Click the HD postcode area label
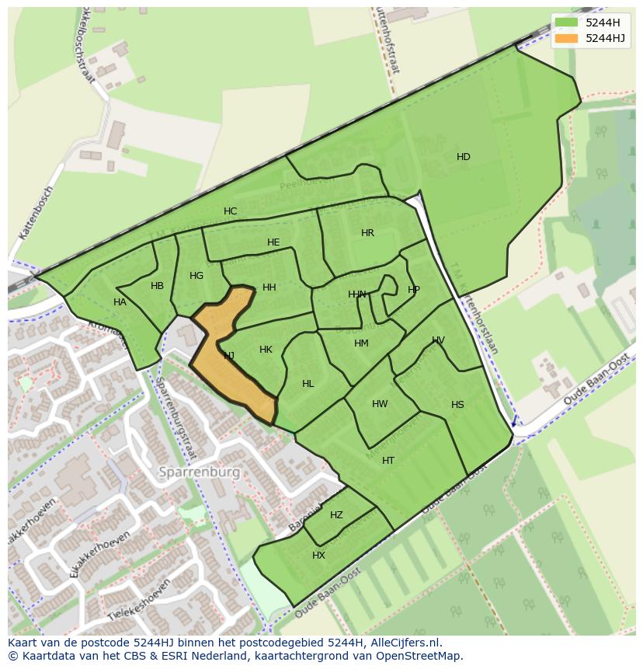pos(463,157)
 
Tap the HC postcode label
pos(230,211)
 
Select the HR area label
pos(367,233)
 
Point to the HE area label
pos(273,242)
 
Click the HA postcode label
pos(120,302)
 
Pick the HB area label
pos(157,286)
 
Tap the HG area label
pos(196,276)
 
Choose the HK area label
pos(266,350)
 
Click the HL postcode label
pos(308,384)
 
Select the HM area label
pos(361,343)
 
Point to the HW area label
pos(380,404)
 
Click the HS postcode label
pos(457,405)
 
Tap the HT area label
pos(388,461)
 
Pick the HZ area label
pos(336,515)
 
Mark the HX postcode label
pos(318,556)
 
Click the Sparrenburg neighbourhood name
pos(199,472)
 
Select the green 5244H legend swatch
pos(567,23)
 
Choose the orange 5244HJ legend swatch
pos(567,38)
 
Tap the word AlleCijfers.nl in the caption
pos(403,643)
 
